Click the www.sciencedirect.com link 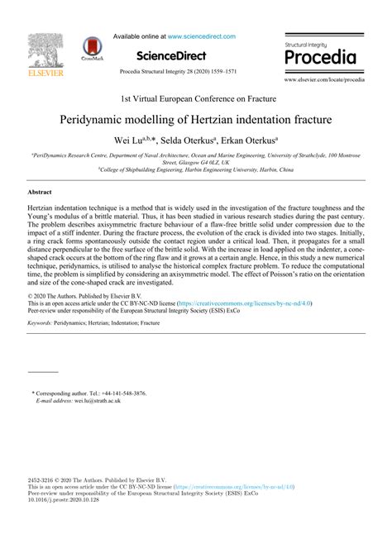coord(201,36)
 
